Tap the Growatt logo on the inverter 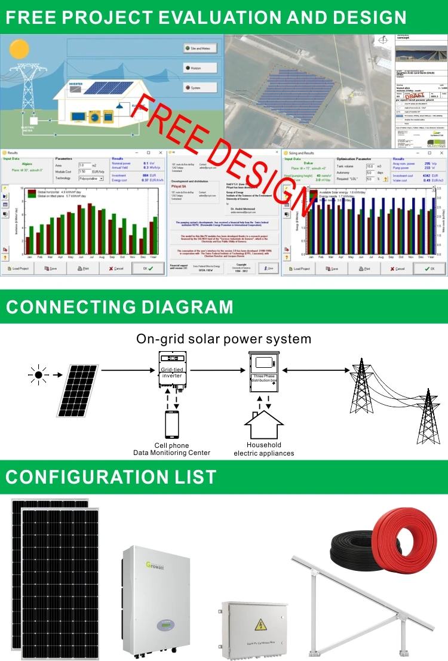tap(139, 564)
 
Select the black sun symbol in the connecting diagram tap(38, 375)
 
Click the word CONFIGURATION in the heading tap(84, 477)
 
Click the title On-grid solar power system tap(223, 339)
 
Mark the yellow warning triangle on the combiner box tap(261, 625)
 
